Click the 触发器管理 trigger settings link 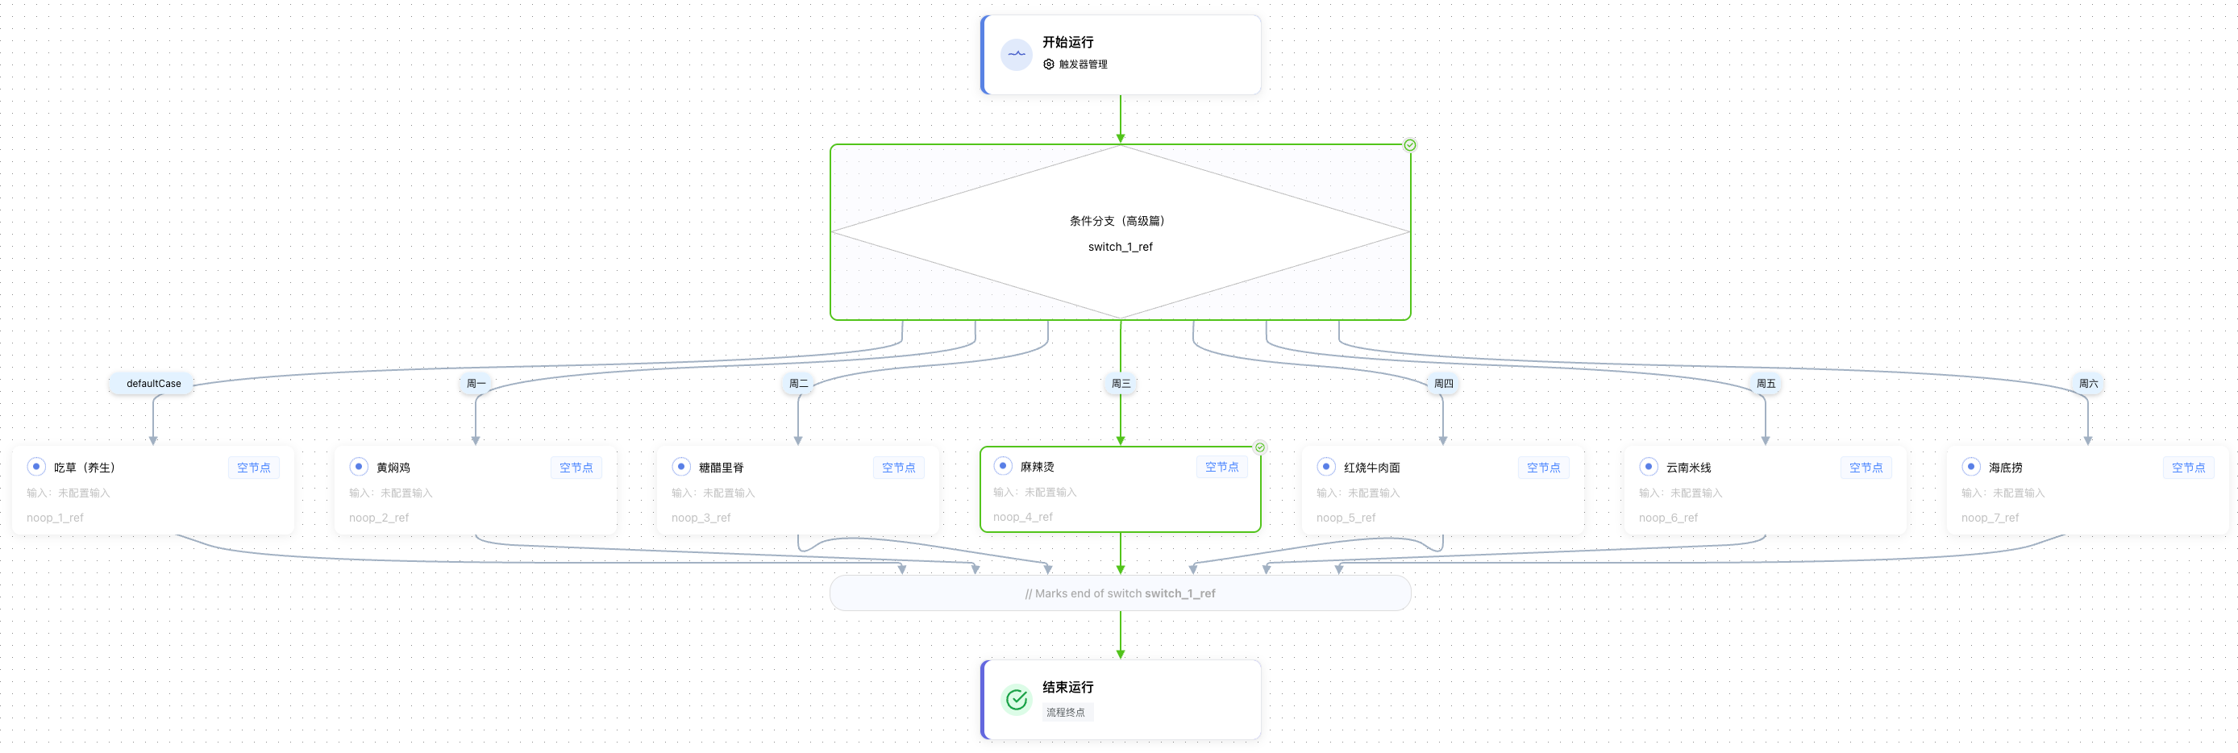[1082, 64]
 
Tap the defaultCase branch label [154, 383]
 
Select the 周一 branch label [476, 383]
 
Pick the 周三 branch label [1121, 383]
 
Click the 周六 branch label [2088, 383]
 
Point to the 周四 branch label [1443, 383]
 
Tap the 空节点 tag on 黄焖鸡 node [576, 468]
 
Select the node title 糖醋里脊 [721, 468]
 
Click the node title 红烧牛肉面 [1372, 468]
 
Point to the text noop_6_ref [1668, 518]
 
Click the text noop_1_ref [55, 518]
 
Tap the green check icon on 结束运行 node [1017, 699]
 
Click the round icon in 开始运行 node [1017, 54]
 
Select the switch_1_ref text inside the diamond [1120, 247]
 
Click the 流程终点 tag [1065, 712]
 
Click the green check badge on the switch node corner [1410, 145]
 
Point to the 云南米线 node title [1688, 468]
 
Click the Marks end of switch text [1120, 593]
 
